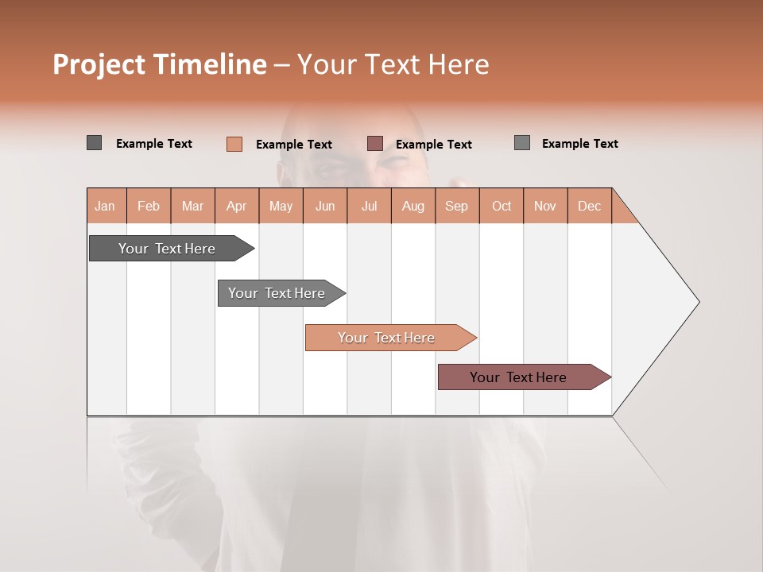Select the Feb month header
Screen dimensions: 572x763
(x=149, y=206)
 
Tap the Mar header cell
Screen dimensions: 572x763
(x=192, y=206)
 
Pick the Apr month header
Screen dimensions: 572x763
(x=237, y=206)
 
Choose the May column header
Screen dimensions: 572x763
(x=281, y=206)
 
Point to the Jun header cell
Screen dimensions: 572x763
(x=325, y=206)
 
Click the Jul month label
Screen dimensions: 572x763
(x=369, y=206)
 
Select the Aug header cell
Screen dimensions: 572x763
(x=413, y=206)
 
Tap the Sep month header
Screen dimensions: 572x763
(x=457, y=206)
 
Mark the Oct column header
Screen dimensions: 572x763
(x=502, y=206)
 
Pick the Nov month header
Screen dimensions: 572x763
(x=545, y=206)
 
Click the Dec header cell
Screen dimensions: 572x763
(x=590, y=206)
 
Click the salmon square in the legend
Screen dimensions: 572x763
(x=234, y=144)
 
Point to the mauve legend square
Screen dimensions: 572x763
(x=375, y=144)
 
